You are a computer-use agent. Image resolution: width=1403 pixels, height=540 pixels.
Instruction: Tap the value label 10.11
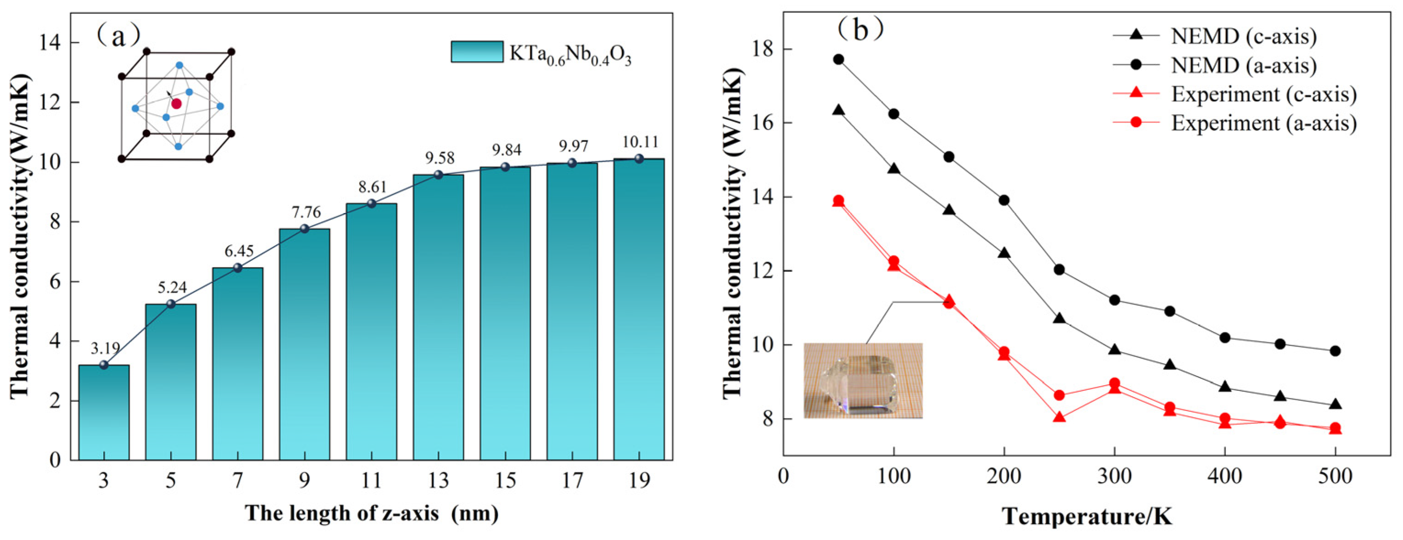640,142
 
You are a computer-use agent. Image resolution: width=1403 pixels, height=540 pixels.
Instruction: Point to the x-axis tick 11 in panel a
372,480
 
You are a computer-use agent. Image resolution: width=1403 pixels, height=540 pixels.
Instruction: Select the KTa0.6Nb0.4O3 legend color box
477,52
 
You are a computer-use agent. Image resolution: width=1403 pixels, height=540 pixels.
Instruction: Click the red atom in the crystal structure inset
176,103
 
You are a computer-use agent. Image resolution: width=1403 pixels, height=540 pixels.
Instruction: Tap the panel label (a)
118,35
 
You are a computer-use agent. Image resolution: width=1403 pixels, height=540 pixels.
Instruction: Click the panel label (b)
860,28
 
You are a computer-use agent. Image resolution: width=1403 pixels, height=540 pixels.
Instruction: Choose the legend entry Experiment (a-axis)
1264,123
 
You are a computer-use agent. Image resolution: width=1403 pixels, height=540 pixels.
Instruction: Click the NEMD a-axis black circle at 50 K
839,59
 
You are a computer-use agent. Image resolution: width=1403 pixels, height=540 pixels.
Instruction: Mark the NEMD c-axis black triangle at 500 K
1335,405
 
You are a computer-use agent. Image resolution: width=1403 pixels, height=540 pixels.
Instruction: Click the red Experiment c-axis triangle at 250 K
1059,417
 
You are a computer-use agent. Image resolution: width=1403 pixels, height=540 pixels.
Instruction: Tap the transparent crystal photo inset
863,381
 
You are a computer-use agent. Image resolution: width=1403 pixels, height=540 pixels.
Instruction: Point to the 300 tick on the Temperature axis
1114,476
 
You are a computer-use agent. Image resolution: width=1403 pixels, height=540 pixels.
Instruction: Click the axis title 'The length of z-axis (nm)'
372,513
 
